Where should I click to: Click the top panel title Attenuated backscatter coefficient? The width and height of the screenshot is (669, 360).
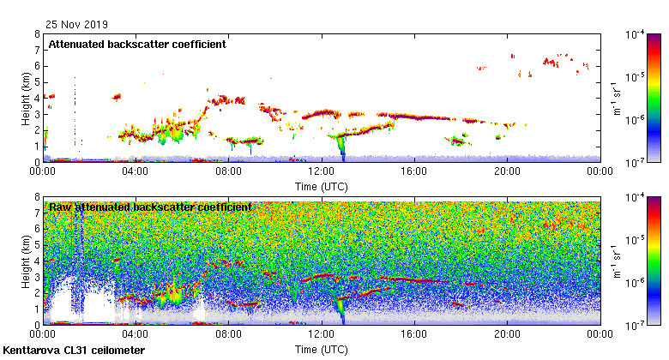point(137,45)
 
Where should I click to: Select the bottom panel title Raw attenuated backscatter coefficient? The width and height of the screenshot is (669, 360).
point(150,207)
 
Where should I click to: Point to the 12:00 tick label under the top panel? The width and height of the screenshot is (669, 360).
point(321,171)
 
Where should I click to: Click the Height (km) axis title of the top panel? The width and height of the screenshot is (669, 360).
point(26,98)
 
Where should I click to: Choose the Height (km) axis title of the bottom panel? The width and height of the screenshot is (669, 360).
point(26,261)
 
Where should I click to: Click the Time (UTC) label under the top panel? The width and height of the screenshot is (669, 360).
point(321,185)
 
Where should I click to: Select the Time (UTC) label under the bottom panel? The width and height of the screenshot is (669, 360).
point(321,349)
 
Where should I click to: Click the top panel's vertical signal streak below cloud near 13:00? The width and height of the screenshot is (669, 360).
point(343,150)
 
